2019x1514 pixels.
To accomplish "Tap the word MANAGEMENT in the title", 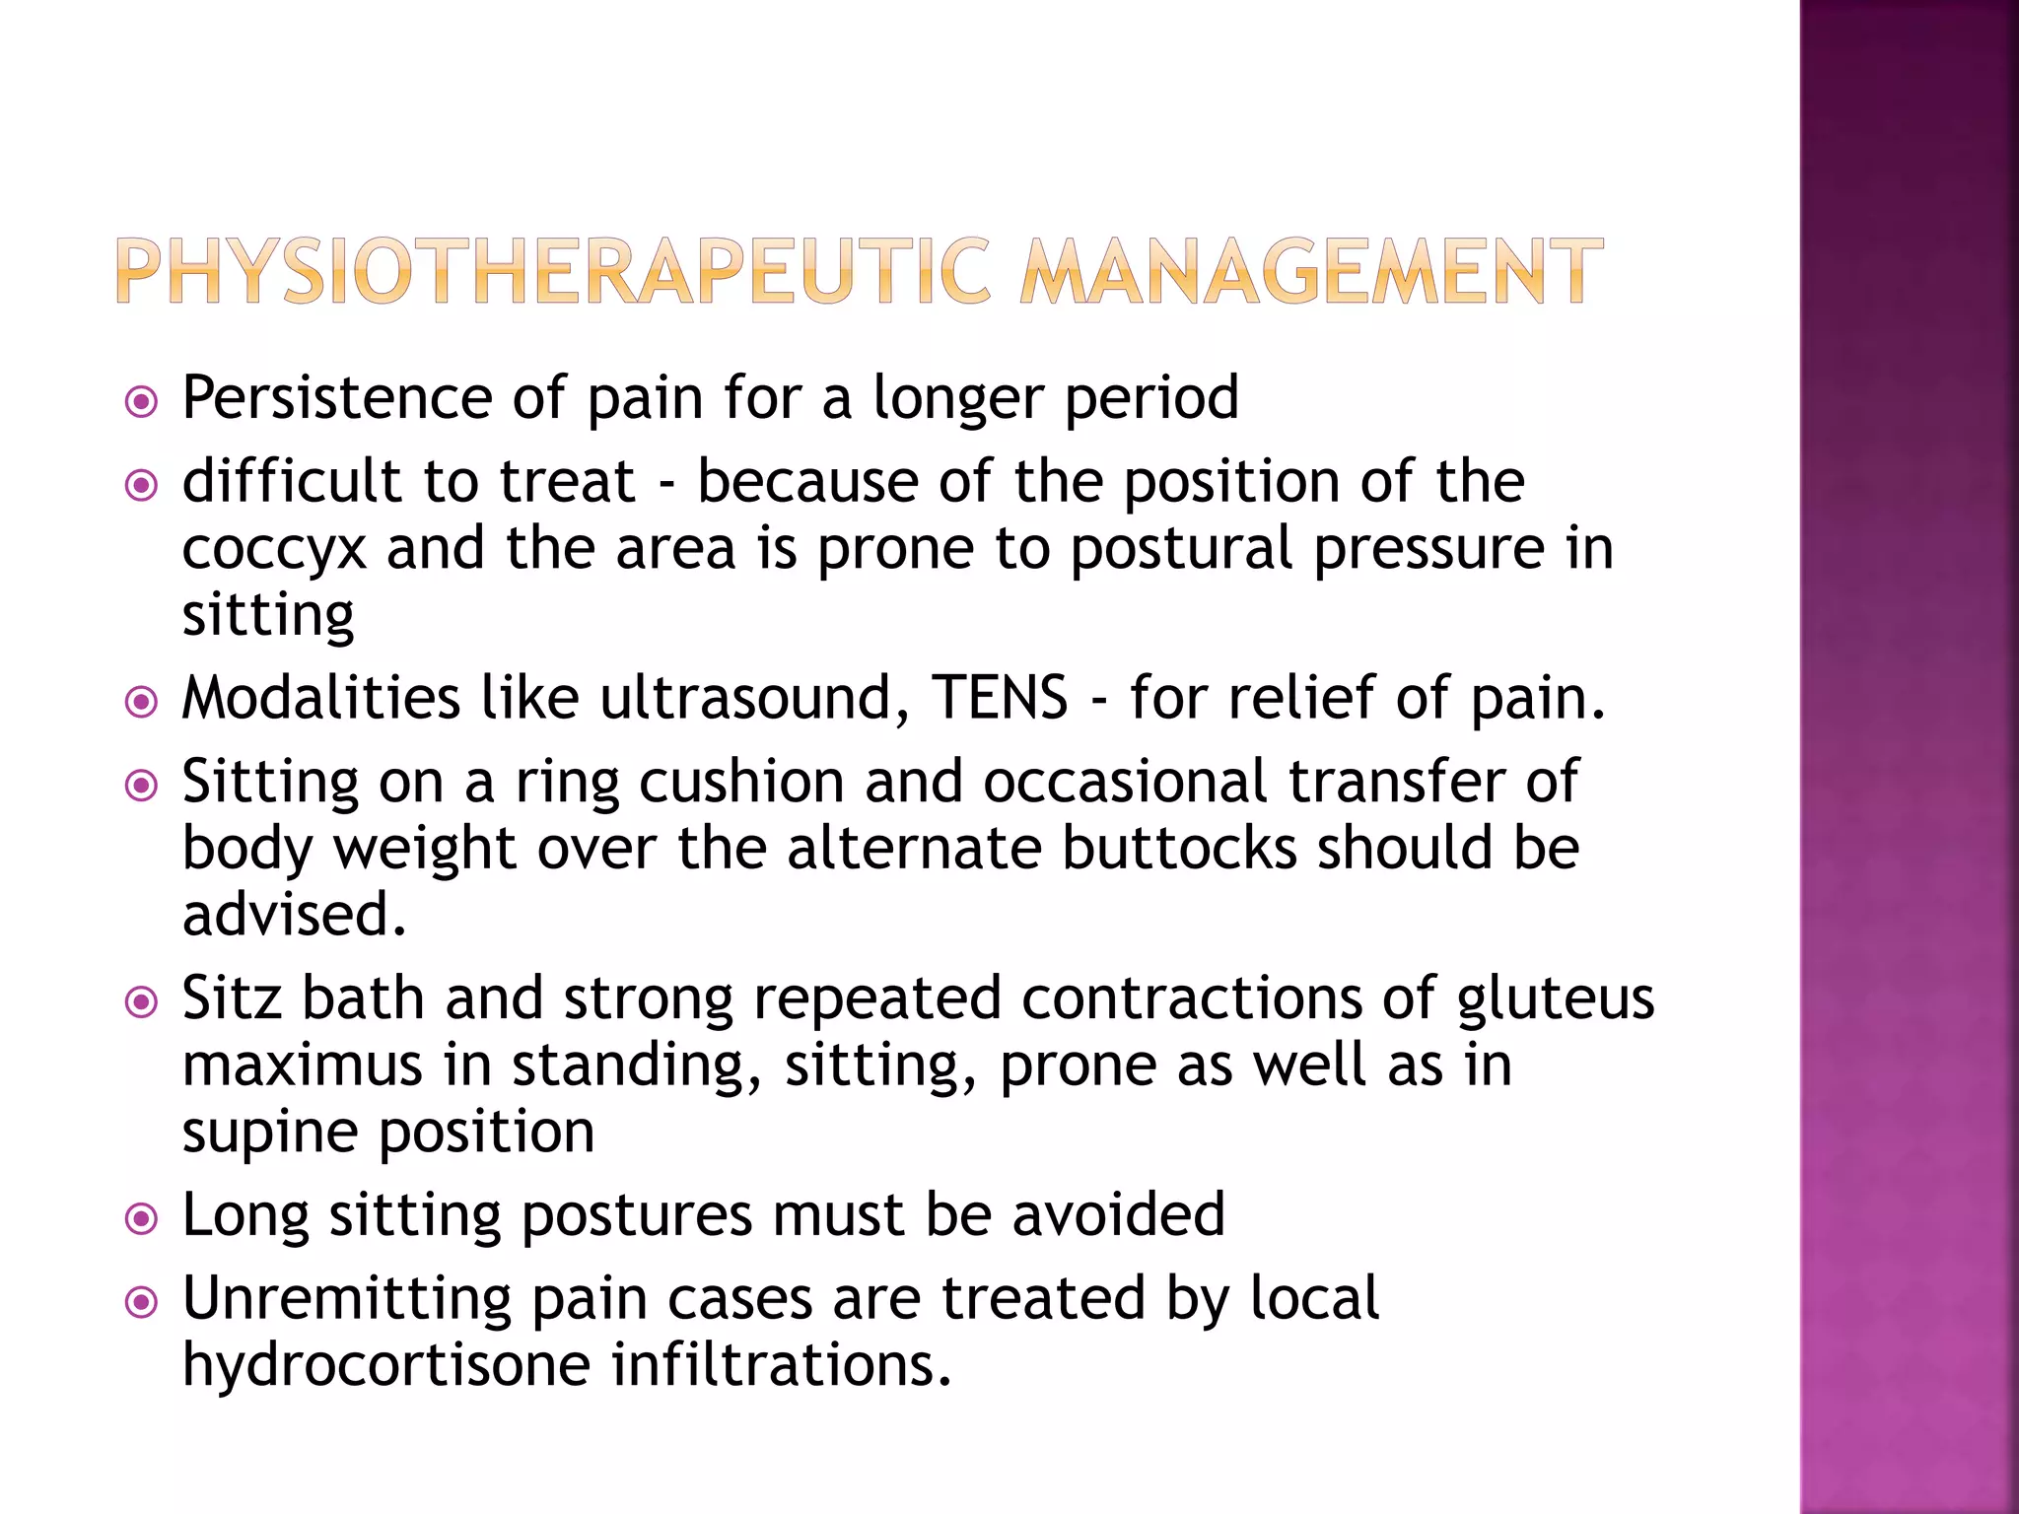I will click(x=1311, y=271).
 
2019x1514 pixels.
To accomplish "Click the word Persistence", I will click(x=336, y=398).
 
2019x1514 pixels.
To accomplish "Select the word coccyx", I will click(x=274, y=550).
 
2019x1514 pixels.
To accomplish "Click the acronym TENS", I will click(x=1000, y=698).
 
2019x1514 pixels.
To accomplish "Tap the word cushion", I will click(x=741, y=783).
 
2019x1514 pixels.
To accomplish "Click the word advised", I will click(x=294, y=915).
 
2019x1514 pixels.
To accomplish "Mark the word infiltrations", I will click(x=781, y=1365).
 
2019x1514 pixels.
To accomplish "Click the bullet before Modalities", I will click(x=142, y=703).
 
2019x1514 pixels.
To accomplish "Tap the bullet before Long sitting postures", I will click(x=142, y=1219).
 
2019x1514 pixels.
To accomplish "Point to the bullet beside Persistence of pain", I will click(x=142, y=402).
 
